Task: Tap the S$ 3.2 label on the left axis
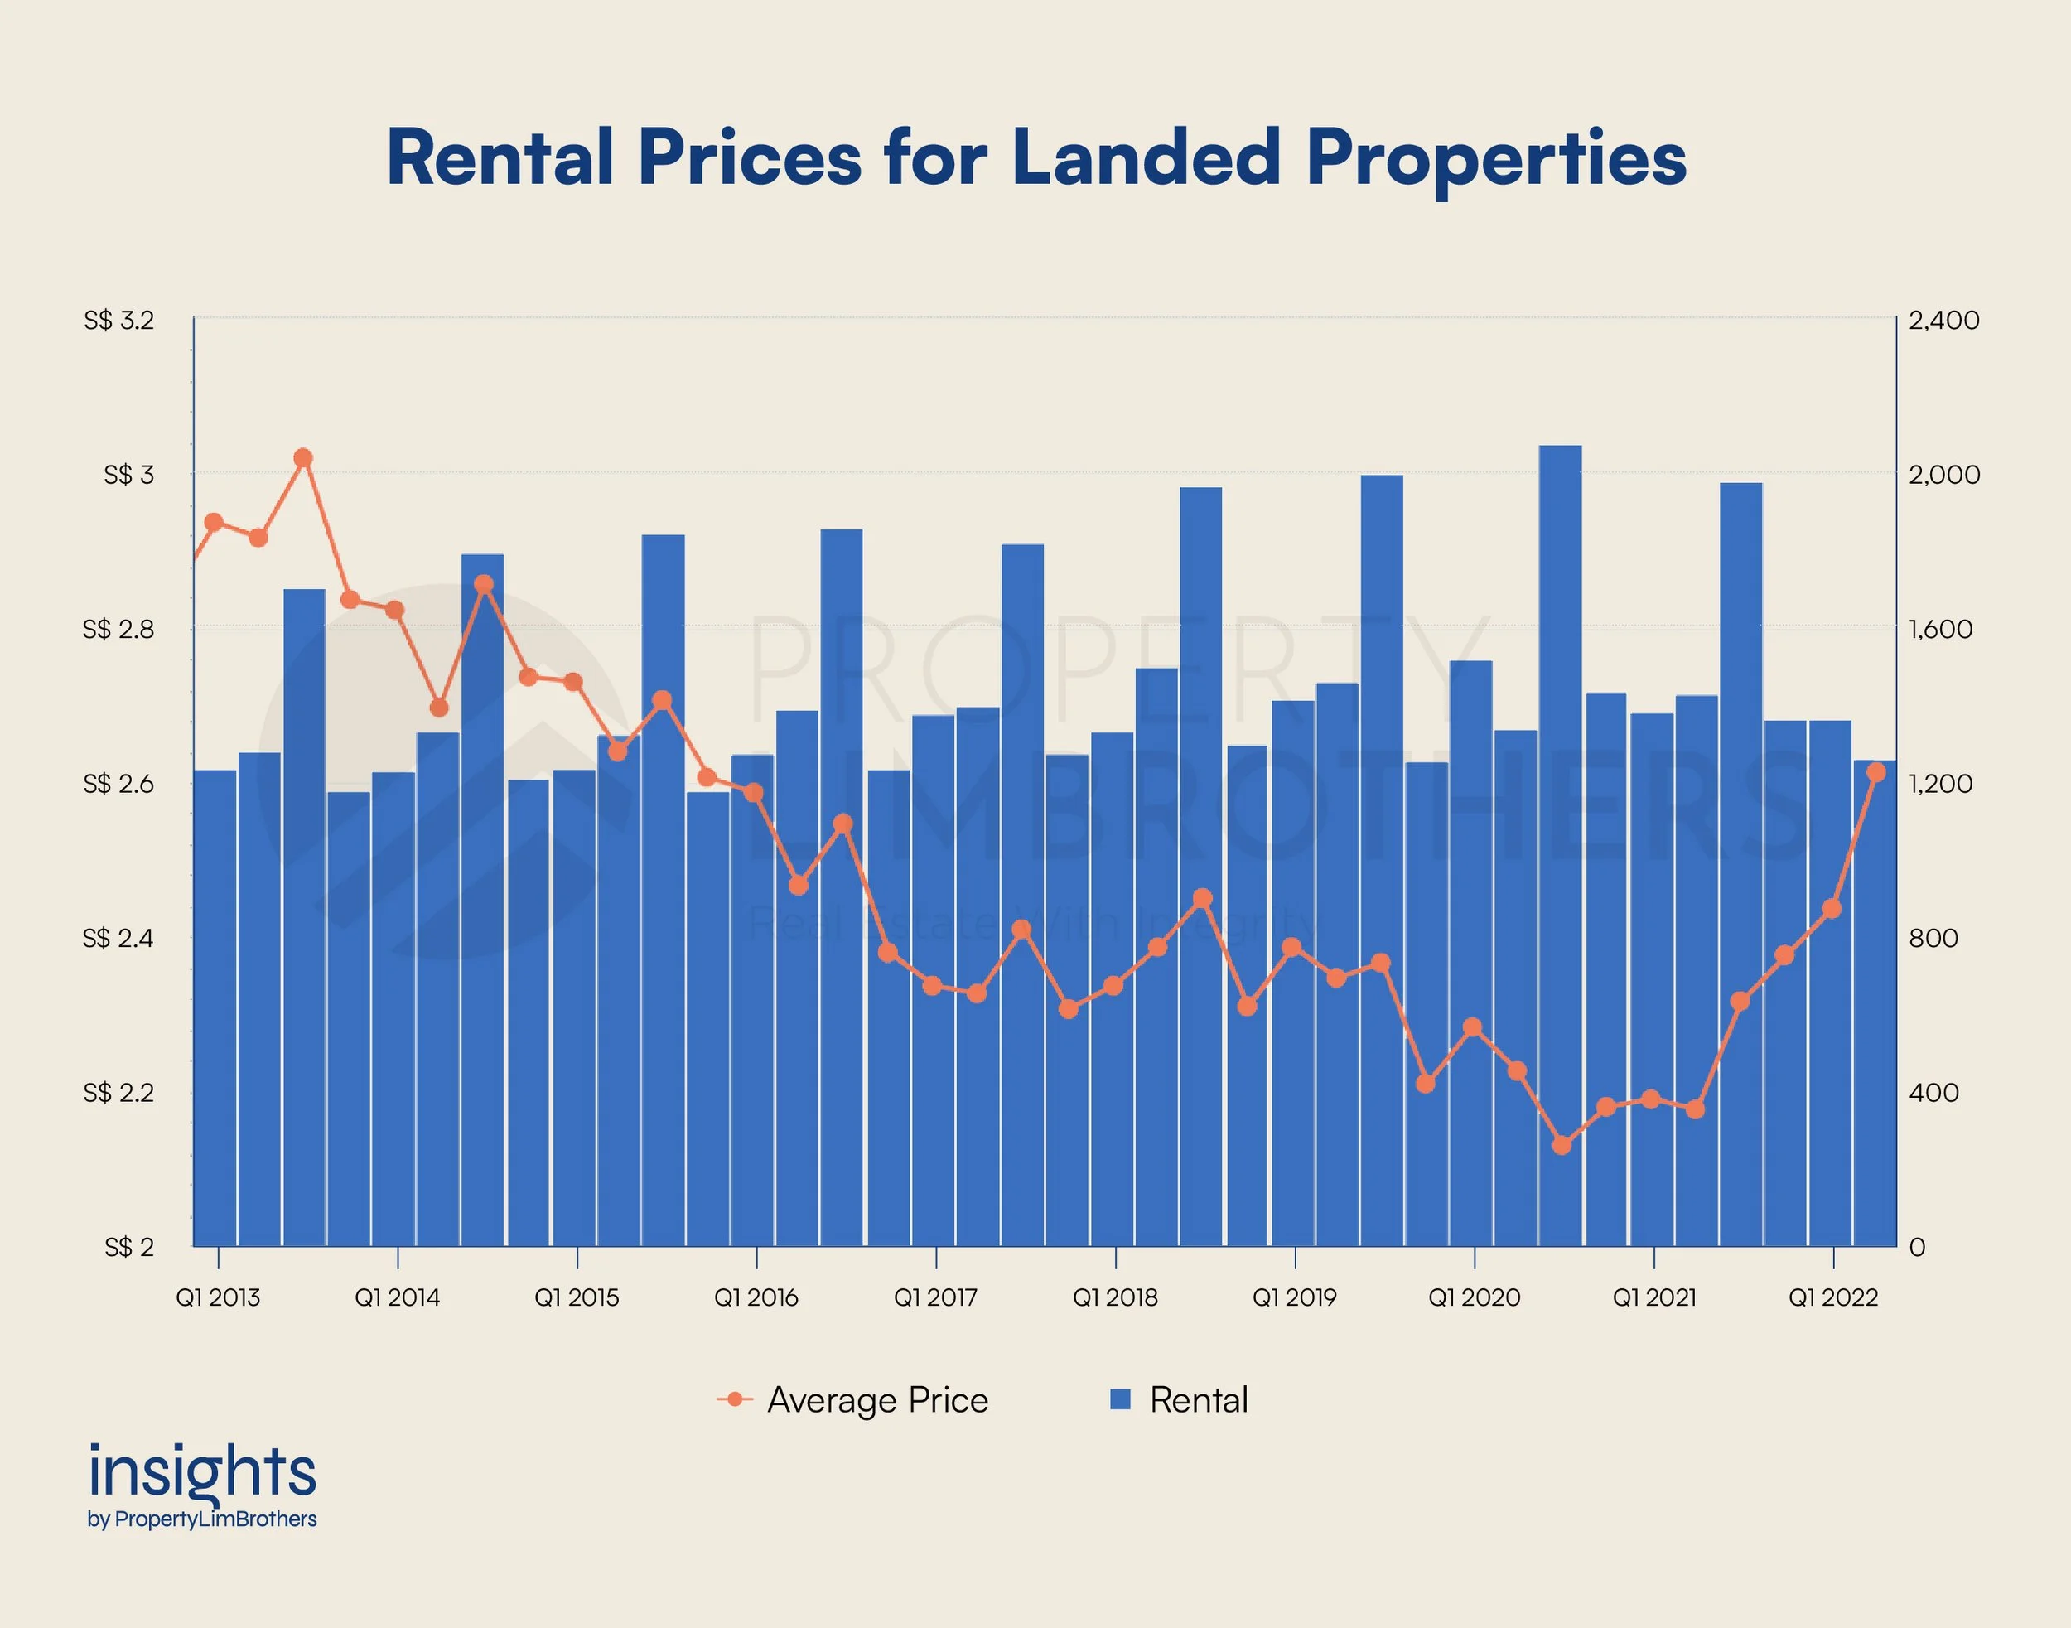click(118, 321)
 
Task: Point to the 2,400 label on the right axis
click(1943, 321)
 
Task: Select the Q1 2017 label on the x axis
click(935, 1297)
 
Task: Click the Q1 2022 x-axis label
click(1832, 1297)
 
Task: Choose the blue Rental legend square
click(1121, 1399)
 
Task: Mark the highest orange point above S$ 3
click(303, 458)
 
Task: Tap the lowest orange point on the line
click(1561, 1145)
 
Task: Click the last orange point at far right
click(1876, 773)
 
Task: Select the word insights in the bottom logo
click(202, 1472)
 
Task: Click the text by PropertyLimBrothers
click(202, 1519)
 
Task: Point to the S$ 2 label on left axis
click(128, 1247)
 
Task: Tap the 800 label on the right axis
click(1933, 938)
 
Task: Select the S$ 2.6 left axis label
click(118, 784)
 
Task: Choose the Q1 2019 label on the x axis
click(1294, 1297)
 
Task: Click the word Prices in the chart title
click(750, 158)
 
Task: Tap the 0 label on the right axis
click(1918, 1247)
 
